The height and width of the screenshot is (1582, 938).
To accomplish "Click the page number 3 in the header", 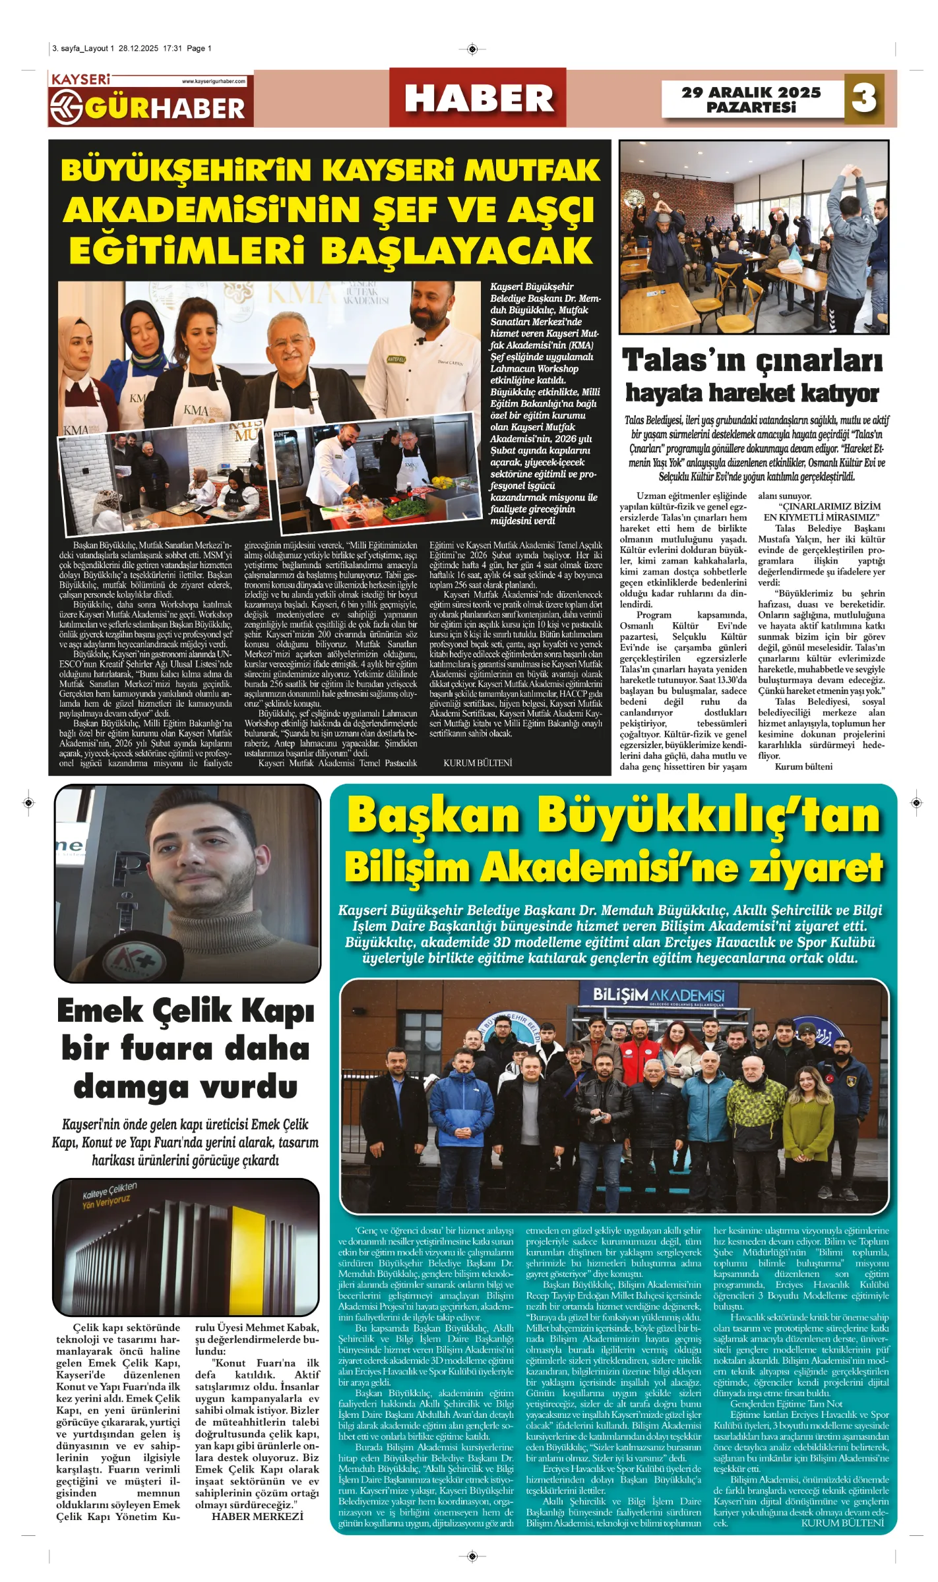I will click(863, 98).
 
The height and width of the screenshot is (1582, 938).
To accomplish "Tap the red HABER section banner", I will click(478, 98).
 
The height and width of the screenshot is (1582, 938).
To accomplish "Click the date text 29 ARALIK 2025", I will click(751, 92).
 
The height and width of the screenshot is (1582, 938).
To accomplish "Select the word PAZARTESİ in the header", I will click(751, 107).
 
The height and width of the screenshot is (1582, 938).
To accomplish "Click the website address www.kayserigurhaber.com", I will click(213, 82).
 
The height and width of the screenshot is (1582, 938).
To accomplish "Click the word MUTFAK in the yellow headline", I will click(532, 171).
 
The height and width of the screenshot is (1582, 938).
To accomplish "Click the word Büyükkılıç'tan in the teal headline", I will click(708, 815).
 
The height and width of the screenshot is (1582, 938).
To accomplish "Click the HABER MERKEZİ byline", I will click(257, 1517).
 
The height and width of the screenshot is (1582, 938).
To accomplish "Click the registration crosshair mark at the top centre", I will click(472, 49).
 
